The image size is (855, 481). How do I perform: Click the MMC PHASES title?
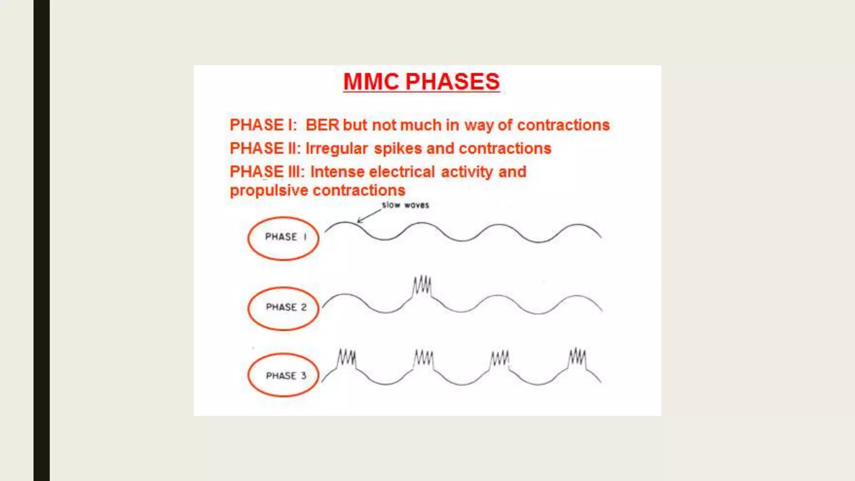pyautogui.click(x=421, y=81)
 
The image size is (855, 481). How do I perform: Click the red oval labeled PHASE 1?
pyautogui.click(x=283, y=238)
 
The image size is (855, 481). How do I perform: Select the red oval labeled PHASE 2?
pyautogui.click(x=283, y=309)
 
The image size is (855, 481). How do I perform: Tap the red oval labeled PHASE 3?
pyautogui.click(x=283, y=375)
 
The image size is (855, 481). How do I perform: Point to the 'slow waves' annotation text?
pyautogui.click(x=405, y=205)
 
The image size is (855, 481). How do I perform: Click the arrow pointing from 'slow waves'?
pyautogui.click(x=369, y=216)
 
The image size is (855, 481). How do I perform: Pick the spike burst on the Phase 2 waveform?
pyautogui.click(x=422, y=286)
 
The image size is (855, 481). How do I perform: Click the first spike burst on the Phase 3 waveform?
pyautogui.click(x=347, y=358)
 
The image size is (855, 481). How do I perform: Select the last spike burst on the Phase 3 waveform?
pyautogui.click(x=577, y=357)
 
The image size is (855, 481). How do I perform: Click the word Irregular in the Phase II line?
pyautogui.click(x=336, y=149)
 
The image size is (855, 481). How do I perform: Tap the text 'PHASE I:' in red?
pyautogui.click(x=263, y=125)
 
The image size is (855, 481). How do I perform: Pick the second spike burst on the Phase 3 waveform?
pyautogui.click(x=423, y=358)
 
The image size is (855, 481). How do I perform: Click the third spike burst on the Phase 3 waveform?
pyautogui.click(x=500, y=358)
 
